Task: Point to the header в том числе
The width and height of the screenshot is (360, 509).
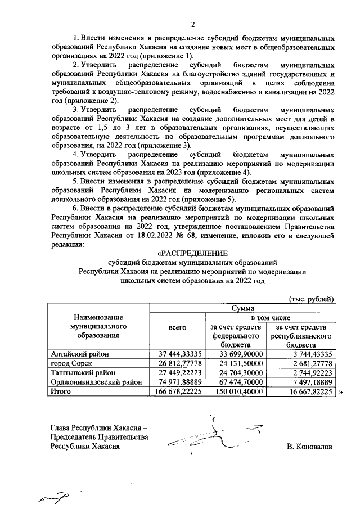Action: tap(270, 318)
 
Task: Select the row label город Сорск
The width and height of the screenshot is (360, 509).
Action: tap(71, 363)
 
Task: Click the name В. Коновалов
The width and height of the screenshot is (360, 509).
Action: tap(309, 447)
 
